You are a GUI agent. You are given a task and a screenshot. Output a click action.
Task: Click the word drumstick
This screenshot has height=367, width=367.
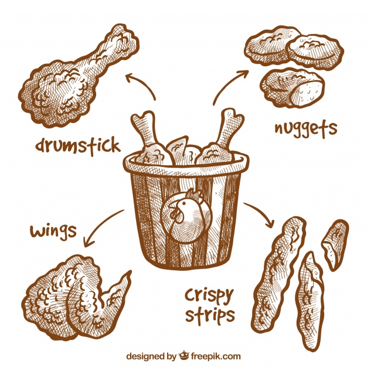pos(77,144)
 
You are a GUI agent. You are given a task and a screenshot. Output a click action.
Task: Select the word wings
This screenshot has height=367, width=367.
pos(53,230)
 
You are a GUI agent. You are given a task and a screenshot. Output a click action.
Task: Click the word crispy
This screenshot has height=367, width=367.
pos(209,294)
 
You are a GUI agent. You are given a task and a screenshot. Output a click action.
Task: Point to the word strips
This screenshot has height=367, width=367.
pos(210,315)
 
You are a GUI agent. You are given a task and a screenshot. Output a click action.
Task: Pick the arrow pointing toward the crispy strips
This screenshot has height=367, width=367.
pos(261,214)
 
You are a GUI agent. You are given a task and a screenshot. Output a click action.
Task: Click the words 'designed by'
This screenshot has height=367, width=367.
pos(151,355)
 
